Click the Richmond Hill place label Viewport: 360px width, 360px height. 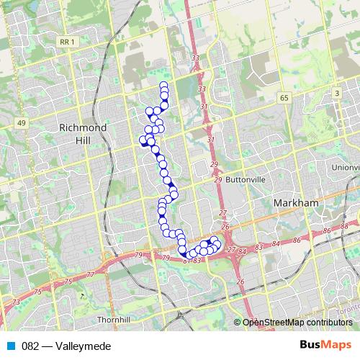[84, 133]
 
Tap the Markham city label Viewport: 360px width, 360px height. [296, 204]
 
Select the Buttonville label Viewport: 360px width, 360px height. [246, 179]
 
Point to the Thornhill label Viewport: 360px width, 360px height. [112, 318]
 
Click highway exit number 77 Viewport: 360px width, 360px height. [90, 275]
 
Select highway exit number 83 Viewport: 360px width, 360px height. [197, 260]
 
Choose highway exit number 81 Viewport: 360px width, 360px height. [186, 260]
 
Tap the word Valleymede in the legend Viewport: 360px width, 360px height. [87, 346]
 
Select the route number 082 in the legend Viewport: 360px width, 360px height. [30, 346]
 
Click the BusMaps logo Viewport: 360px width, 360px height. [326, 346]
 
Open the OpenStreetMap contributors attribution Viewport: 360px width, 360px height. [297, 323]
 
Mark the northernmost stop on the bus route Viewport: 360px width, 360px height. [163, 86]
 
